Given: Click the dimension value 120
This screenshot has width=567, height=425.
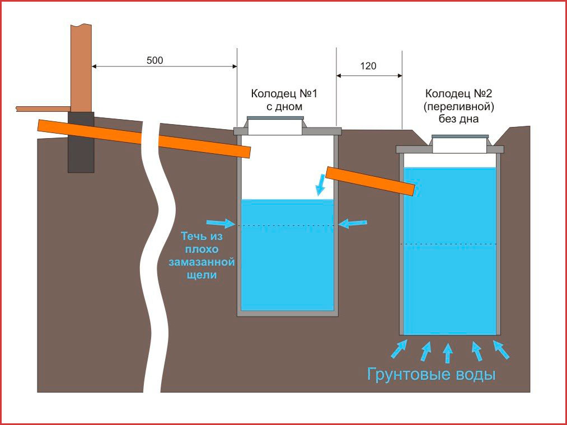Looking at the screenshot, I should tap(368, 66).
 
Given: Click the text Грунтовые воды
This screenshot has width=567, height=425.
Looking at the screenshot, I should tap(431, 374).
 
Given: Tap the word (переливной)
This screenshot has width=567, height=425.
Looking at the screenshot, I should tap(458, 106).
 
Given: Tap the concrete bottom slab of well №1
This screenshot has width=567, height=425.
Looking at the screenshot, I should tap(288, 313).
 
